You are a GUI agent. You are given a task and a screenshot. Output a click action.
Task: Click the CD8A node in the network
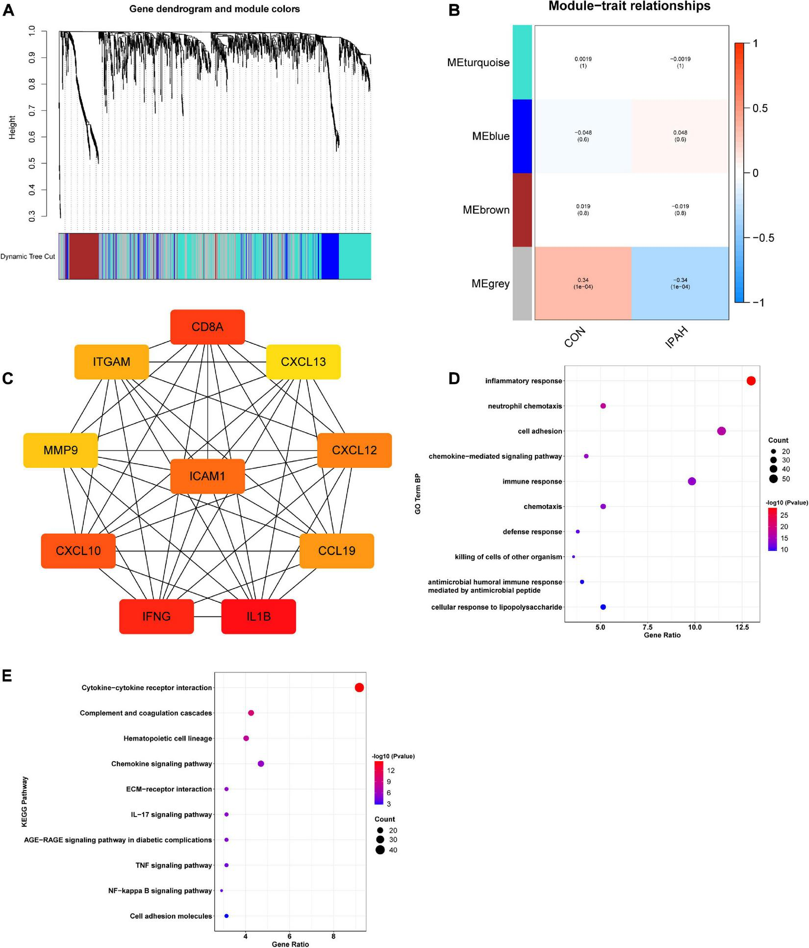[207, 327]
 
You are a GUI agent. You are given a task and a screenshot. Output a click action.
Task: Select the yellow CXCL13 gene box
[303, 362]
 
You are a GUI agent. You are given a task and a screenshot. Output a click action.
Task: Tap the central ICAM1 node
[207, 476]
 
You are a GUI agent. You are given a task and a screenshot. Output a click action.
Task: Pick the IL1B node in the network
[258, 616]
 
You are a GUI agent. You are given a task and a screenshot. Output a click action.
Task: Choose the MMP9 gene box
[60, 450]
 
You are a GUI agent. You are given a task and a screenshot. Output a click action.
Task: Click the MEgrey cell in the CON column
[583, 283]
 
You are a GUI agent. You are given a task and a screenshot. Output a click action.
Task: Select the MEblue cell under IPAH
[680, 136]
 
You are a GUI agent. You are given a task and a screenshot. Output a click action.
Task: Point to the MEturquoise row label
[478, 63]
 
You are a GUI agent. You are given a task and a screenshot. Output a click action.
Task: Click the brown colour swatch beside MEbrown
[522, 210]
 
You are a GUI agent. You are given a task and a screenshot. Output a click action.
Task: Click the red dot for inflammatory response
[751, 381]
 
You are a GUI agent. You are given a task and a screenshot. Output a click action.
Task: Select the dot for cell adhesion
[721, 431]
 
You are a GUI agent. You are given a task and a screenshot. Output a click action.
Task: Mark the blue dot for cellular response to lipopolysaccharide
[603, 607]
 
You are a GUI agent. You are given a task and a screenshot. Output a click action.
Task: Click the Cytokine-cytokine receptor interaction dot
[359, 688]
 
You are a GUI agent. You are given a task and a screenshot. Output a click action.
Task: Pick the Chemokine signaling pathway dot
[261, 764]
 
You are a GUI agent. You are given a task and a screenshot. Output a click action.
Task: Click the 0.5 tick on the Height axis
[32, 163]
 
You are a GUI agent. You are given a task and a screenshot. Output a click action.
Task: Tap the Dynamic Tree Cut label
[28, 256]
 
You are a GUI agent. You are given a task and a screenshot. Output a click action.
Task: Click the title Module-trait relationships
[629, 6]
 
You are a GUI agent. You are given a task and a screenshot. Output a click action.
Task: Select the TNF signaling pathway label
[174, 865]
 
